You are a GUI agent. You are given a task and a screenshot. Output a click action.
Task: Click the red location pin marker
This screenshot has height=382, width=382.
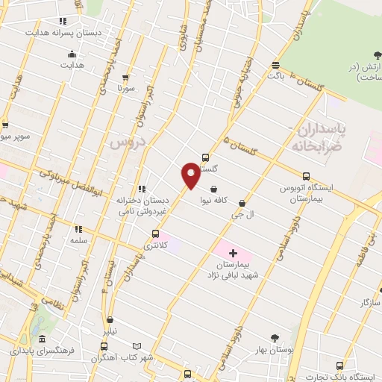tap(191, 176)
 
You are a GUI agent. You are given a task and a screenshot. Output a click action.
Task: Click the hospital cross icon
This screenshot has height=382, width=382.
tap(232, 254)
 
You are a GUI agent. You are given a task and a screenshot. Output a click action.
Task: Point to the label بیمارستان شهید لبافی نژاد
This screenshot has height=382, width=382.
tap(231, 270)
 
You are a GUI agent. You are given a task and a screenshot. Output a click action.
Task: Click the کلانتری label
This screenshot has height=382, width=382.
tap(155, 245)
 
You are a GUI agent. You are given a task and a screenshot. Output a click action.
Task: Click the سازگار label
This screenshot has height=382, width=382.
tap(370, 302)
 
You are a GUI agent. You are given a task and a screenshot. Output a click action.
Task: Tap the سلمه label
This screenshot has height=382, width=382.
tap(78, 241)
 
